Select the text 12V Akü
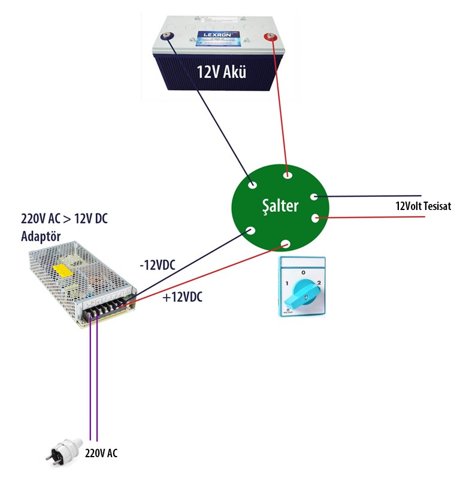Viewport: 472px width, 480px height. [222, 73]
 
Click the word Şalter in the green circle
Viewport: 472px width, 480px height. [279, 206]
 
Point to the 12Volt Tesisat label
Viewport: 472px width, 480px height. [423, 206]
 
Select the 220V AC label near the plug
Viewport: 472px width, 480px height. [101, 453]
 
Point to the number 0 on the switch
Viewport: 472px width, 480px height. [303, 272]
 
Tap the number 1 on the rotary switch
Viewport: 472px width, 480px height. [288, 283]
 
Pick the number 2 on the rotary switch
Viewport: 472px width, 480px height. [319, 283]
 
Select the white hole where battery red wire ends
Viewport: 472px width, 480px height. [288, 176]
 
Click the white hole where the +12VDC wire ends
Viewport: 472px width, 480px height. [286, 244]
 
